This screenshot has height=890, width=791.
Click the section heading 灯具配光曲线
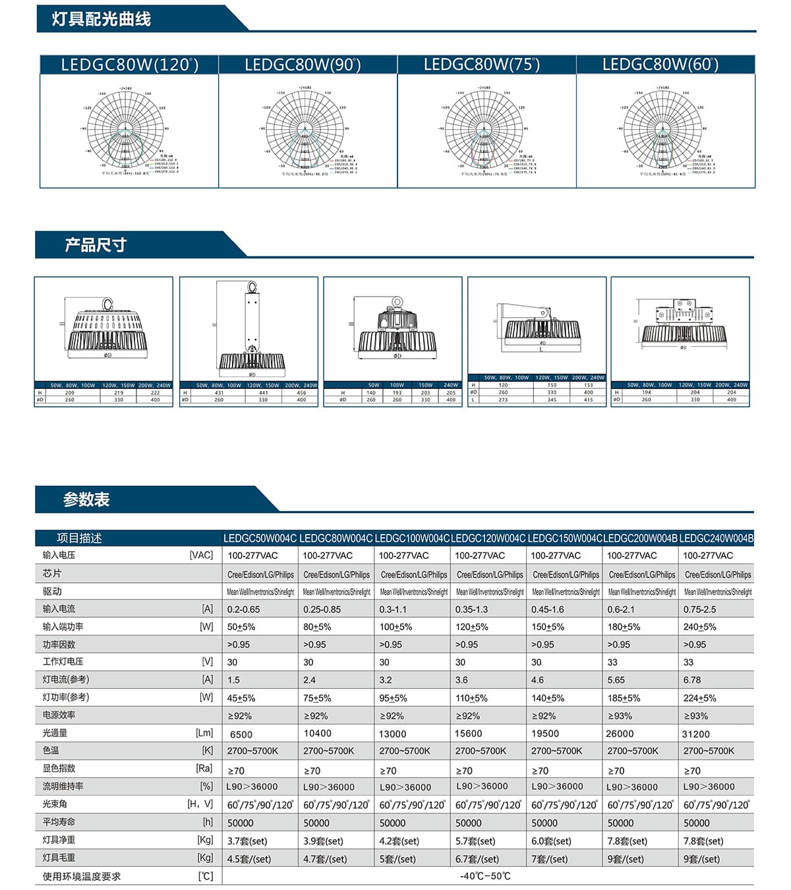coord(102,19)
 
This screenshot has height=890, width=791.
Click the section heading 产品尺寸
coord(95,245)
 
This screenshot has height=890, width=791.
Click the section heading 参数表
coord(86,500)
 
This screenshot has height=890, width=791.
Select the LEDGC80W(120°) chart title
coord(129,65)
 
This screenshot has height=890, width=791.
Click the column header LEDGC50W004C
coord(260,538)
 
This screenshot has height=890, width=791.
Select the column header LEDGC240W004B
coord(716,538)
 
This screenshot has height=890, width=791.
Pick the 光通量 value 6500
coord(241,734)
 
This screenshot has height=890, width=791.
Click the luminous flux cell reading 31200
coord(696,734)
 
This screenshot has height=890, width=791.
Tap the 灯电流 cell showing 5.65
coord(616,680)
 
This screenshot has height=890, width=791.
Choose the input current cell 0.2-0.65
coord(243,609)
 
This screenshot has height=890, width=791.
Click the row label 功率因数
coord(59,644)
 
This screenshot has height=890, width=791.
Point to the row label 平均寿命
coord(59,822)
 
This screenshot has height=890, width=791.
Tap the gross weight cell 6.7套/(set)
coord(477,858)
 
